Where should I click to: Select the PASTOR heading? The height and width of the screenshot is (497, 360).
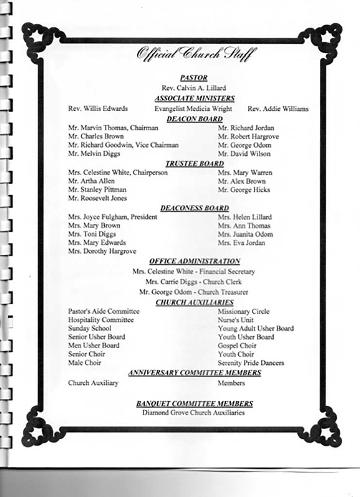[194, 78]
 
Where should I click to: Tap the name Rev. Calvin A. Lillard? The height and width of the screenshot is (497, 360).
[194, 88]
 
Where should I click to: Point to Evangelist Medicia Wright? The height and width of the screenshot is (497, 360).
[193, 109]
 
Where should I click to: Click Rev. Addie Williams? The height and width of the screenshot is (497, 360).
[278, 109]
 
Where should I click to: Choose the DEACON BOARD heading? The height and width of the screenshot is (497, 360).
[195, 119]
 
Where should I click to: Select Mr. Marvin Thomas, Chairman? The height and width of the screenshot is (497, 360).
[113, 128]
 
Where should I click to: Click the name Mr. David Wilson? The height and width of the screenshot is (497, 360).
[244, 154]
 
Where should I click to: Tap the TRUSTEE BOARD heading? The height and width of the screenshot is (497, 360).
[195, 164]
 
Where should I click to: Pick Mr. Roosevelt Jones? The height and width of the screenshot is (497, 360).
[98, 198]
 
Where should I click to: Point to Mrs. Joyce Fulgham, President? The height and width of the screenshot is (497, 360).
[113, 217]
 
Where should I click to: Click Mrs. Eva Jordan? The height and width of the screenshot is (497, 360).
[241, 243]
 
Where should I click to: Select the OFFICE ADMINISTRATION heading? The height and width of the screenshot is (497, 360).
[195, 261]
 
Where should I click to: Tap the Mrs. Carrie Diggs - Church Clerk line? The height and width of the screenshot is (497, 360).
[193, 282]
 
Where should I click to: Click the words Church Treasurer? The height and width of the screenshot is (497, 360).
[223, 292]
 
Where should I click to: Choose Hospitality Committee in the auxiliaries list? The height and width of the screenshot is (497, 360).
[101, 320]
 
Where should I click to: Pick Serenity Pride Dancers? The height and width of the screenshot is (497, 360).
[251, 363]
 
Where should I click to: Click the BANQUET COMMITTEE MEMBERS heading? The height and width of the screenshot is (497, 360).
[194, 403]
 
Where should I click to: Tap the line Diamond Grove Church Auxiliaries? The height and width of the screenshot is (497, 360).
[193, 413]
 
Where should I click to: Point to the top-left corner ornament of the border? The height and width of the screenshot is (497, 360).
[39, 39]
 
